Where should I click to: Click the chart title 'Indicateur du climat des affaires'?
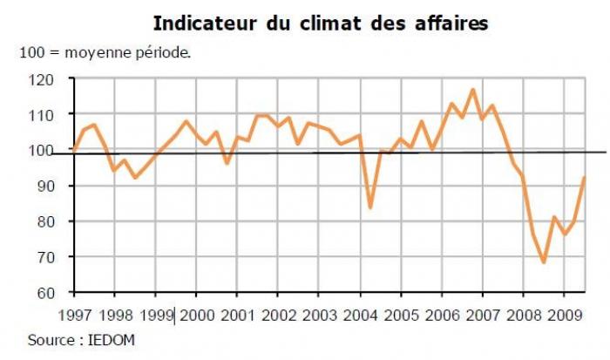320,22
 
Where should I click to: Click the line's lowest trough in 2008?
544,262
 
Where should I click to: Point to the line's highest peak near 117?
472,90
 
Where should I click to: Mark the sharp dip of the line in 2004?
371,207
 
